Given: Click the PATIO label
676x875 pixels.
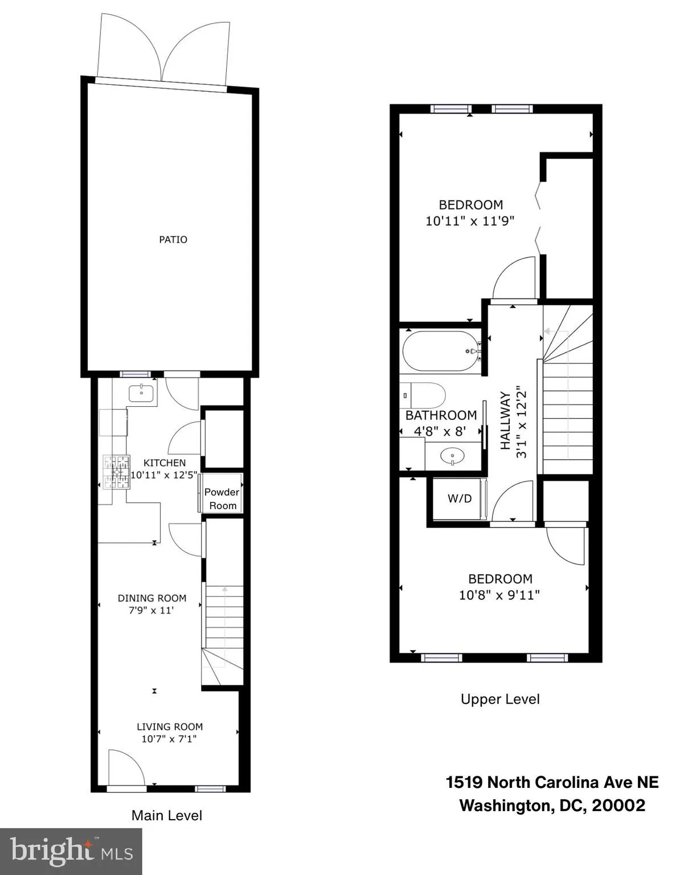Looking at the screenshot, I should (173, 239).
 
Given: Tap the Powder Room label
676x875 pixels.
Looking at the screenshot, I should (222, 498).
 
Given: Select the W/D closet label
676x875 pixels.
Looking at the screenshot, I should (459, 498).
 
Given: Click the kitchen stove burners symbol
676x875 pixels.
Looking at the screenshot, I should (117, 472).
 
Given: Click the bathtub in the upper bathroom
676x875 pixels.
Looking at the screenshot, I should (440, 351).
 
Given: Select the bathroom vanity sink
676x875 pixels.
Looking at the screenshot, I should (453, 456).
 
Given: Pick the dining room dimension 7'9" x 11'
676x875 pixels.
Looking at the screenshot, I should (151, 610).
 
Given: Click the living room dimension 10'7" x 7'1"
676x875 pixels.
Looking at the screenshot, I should (169, 739).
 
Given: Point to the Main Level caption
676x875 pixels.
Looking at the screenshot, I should (166, 815).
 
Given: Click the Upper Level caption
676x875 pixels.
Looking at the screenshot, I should (500, 699).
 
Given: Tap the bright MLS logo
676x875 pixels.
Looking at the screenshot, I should (71, 851).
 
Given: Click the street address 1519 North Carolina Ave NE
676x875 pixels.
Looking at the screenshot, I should (552, 782).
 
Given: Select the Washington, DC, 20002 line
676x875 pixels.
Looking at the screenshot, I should (552, 806).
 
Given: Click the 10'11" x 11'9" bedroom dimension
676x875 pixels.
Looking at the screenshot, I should (470, 221).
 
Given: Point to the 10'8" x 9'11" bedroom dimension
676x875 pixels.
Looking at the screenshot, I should (499, 595).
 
